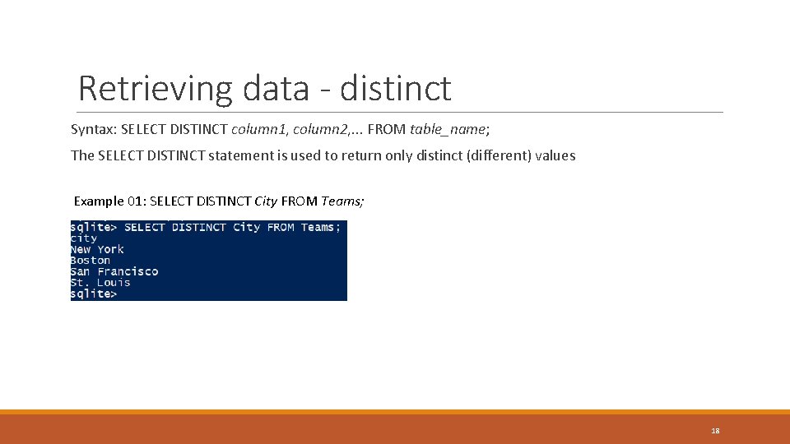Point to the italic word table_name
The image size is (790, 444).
coord(448,130)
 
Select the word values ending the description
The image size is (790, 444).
coord(555,155)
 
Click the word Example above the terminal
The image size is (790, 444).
coord(99,201)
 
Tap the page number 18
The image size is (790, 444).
coord(715,430)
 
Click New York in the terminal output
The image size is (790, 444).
coord(97,249)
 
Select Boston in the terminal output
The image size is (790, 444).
coord(91,261)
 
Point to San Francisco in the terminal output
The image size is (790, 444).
coord(114,271)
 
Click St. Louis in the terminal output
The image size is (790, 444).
coord(100,283)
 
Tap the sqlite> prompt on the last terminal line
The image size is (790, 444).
coord(94,294)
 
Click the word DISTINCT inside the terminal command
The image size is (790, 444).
coord(198,227)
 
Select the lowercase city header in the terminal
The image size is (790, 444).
coord(84,238)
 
